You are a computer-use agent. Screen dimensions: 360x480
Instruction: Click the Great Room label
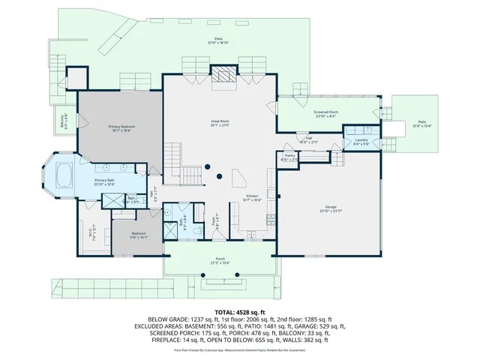pos(219,123)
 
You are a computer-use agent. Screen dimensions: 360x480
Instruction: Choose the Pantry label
pos(289,157)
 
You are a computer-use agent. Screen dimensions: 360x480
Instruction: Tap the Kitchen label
pos(253,198)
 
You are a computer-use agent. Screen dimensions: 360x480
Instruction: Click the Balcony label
pos(63,117)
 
